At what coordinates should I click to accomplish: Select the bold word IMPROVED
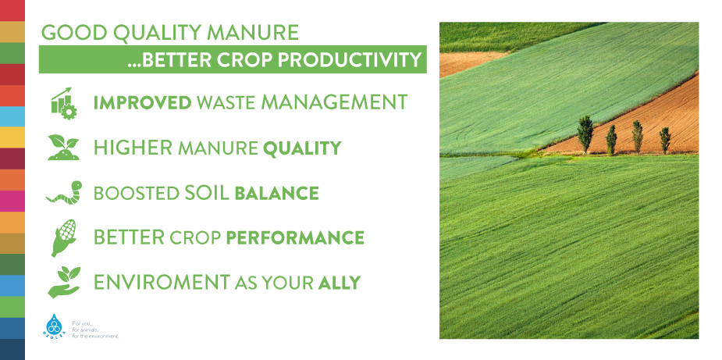[x=142, y=102]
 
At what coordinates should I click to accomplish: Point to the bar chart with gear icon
[x=63, y=103]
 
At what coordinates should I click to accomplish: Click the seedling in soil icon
[x=63, y=148]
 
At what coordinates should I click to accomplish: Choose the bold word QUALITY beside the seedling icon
[x=302, y=148]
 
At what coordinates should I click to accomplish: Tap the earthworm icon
[x=65, y=192]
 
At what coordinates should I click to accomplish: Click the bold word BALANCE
[x=277, y=193]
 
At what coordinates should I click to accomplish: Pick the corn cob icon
[x=63, y=237]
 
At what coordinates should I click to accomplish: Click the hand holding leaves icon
[x=64, y=282]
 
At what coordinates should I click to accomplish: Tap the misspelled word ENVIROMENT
[x=162, y=282]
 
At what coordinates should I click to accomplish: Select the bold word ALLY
[x=340, y=283]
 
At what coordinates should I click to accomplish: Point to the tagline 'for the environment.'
[x=96, y=337]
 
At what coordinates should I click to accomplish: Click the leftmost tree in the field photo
[x=585, y=134]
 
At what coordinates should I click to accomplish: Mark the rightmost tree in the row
[x=665, y=141]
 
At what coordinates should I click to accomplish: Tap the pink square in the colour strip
[x=12, y=201]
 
